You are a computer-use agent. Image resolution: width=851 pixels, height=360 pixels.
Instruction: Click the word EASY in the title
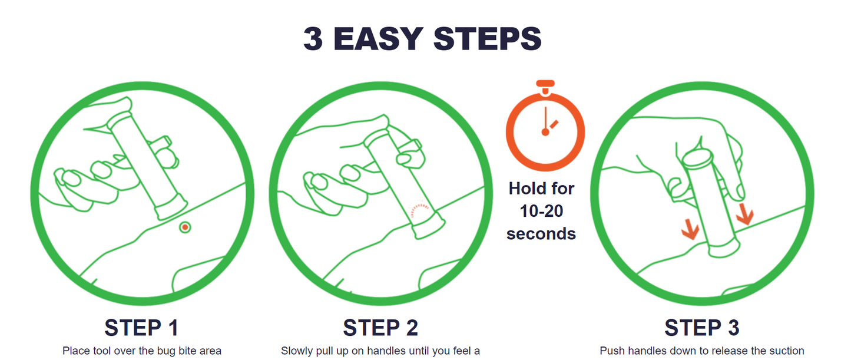(378, 39)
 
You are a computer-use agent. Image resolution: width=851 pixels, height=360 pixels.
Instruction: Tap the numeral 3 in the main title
(313, 39)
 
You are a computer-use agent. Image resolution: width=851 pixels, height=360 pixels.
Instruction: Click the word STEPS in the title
(488, 39)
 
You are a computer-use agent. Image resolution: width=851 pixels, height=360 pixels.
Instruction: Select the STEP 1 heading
(141, 328)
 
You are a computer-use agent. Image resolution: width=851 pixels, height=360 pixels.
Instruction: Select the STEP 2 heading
(380, 328)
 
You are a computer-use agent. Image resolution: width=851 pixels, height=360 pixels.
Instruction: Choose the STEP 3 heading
(702, 328)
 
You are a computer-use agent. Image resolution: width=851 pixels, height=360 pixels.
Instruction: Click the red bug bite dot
(185, 227)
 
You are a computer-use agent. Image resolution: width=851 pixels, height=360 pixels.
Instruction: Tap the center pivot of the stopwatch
(545, 132)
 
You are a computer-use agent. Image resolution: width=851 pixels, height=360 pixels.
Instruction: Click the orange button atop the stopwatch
(545, 83)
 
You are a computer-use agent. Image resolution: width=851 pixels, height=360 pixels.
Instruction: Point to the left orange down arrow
(690, 229)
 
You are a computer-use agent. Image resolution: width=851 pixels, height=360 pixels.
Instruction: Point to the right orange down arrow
(744, 214)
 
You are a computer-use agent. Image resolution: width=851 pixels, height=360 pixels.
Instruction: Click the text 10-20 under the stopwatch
(541, 211)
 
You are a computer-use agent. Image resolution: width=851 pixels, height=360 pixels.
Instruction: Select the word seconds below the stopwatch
(541, 233)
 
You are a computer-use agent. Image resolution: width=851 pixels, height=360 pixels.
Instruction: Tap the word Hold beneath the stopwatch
(526, 189)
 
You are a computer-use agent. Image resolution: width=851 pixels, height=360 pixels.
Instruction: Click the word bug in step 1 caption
(165, 351)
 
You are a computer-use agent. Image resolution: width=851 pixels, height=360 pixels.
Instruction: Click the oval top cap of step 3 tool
(697, 157)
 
